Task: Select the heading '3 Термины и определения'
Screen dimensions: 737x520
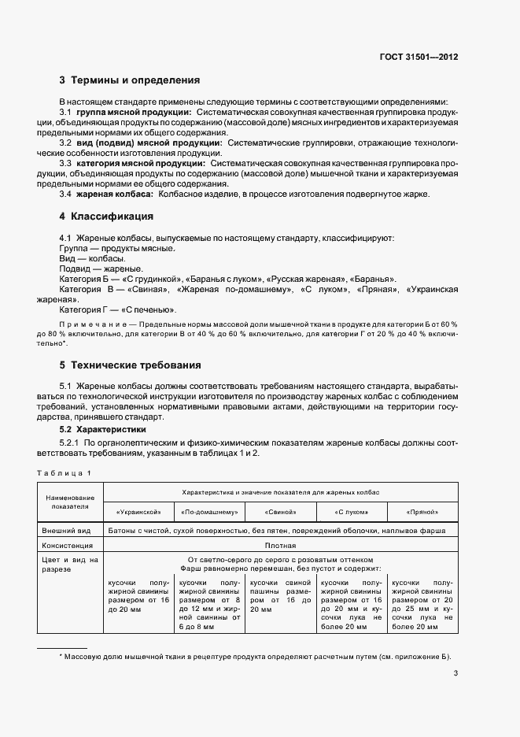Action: point(130,80)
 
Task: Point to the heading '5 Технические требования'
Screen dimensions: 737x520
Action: point(130,365)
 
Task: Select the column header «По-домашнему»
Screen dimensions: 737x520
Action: point(209,512)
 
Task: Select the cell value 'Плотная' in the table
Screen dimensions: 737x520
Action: point(280,545)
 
